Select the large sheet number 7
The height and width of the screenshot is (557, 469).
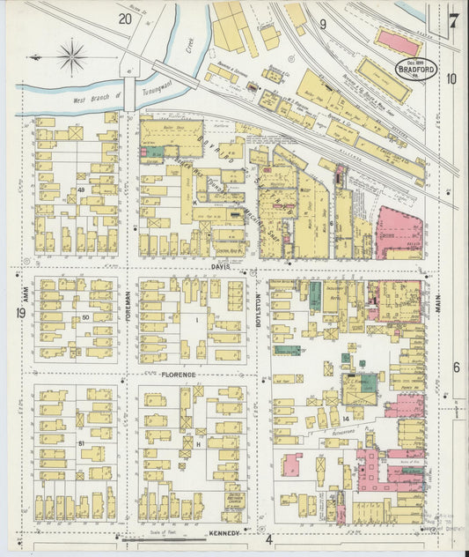[x=452, y=21]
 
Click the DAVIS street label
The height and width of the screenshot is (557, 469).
[x=219, y=266]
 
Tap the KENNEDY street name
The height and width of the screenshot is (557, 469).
[x=224, y=533]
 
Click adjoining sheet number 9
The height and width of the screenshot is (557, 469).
[x=323, y=25]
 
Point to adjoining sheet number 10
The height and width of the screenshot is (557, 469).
[x=451, y=78]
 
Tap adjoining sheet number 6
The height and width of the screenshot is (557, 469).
[x=456, y=367]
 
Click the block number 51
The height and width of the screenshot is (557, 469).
[x=81, y=443]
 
